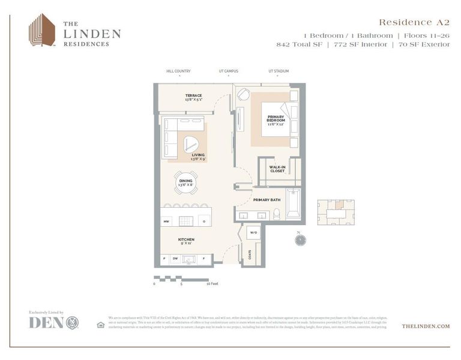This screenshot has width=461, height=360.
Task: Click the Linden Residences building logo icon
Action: [x=43, y=30]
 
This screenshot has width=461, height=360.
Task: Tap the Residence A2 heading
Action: [x=414, y=22]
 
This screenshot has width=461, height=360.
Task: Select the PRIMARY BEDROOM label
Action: [x=276, y=119]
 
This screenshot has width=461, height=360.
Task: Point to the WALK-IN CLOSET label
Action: [x=277, y=170]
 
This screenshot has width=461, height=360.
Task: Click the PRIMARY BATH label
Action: [x=267, y=199]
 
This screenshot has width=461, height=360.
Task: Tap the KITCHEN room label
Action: [x=186, y=241]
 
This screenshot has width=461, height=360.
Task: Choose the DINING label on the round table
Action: [x=185, y=182]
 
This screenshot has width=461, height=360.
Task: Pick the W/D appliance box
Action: [x=253, y=232]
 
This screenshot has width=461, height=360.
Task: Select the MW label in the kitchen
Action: [x=166, y=221]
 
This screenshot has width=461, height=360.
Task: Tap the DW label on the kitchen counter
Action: [x=175, y=259]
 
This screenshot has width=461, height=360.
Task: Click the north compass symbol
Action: [x=300, y=240]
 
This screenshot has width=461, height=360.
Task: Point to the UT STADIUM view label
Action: [x=279, y=71]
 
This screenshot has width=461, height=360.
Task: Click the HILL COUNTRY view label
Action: [x=178, y=71]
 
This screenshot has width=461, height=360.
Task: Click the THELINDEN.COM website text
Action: [x=426, y=326]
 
